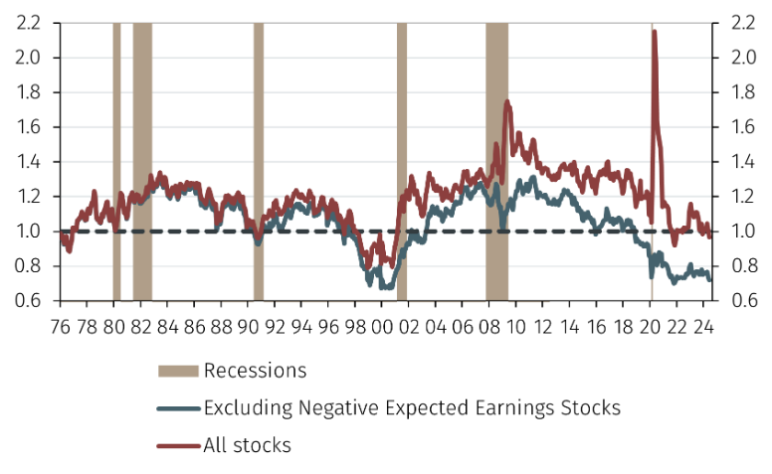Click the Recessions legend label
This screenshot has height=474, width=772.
(x=255, y=372)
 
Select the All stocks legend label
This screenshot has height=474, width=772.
(x=247, y=445)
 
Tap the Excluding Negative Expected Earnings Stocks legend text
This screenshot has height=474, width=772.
(x=412, y=406)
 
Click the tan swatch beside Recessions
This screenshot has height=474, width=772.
(x=178, y=372)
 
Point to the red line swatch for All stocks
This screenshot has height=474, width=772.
(x=178, y=446)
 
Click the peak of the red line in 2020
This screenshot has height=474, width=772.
(x=654, y=32)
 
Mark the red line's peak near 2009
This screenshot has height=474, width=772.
(x=507, y=101)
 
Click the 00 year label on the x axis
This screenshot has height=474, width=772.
(x=382, y=325)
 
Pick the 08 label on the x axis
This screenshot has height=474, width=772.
(x=489, y=325)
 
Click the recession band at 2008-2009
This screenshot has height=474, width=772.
(x=496, y=159)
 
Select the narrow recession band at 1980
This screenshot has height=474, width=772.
(x=116, y=159)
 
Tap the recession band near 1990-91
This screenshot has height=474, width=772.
(x=259, y=159)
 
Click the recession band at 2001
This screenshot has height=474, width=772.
(x=402, y=159)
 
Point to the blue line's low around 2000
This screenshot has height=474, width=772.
(x=384, y=286)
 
